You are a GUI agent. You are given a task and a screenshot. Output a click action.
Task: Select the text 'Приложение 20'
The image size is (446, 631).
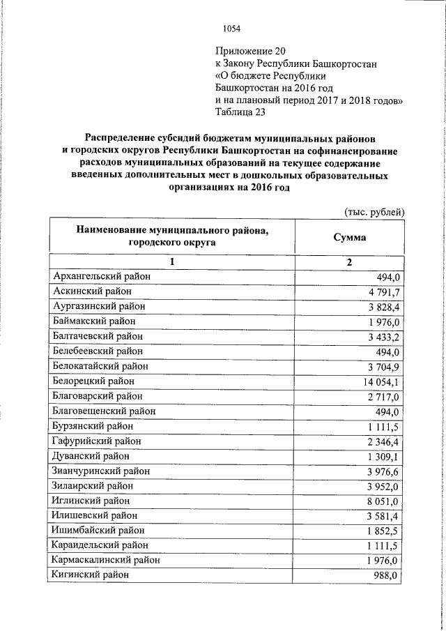click(x=250, y=51)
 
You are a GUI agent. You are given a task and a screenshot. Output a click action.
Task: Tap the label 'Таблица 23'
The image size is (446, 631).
click(x=240, y=111)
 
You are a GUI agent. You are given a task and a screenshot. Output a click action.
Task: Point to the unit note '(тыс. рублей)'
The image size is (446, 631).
click(x=374, y=211)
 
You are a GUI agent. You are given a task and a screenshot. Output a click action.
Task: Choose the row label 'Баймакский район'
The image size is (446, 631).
click(x=95, y=321)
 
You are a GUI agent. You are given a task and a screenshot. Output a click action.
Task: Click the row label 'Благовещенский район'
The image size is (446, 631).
click(x=104, y=411)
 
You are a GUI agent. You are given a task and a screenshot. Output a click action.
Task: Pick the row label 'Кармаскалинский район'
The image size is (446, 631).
click(x=107, y=560)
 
